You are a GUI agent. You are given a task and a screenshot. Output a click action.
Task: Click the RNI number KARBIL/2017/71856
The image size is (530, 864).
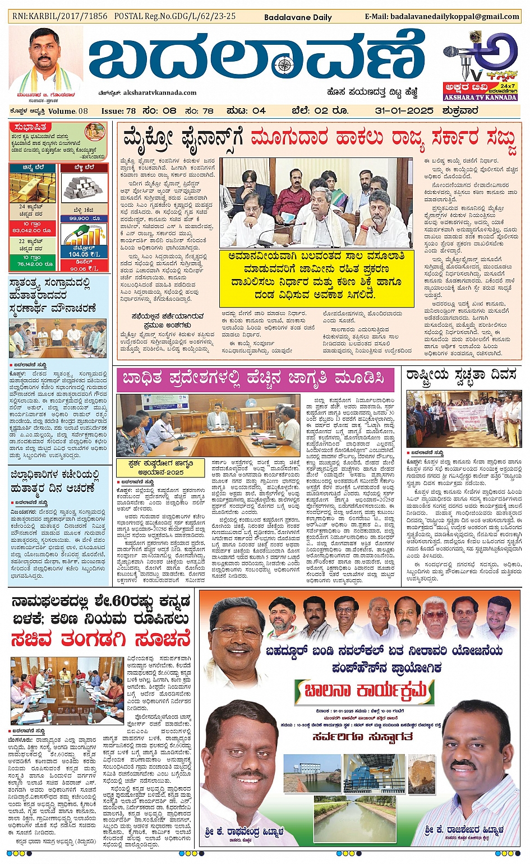60,16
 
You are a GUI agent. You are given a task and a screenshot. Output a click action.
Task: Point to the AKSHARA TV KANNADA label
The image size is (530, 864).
480,97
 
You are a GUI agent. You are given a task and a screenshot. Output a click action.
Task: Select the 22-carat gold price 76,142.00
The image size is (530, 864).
31,264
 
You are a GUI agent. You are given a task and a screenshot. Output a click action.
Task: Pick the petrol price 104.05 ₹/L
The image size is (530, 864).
85,254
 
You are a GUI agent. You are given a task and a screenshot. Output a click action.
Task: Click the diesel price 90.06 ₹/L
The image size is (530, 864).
85,268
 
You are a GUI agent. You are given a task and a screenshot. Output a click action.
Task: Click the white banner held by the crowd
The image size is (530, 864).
467,418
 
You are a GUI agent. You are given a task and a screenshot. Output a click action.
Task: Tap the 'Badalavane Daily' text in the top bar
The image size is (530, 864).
298,17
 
